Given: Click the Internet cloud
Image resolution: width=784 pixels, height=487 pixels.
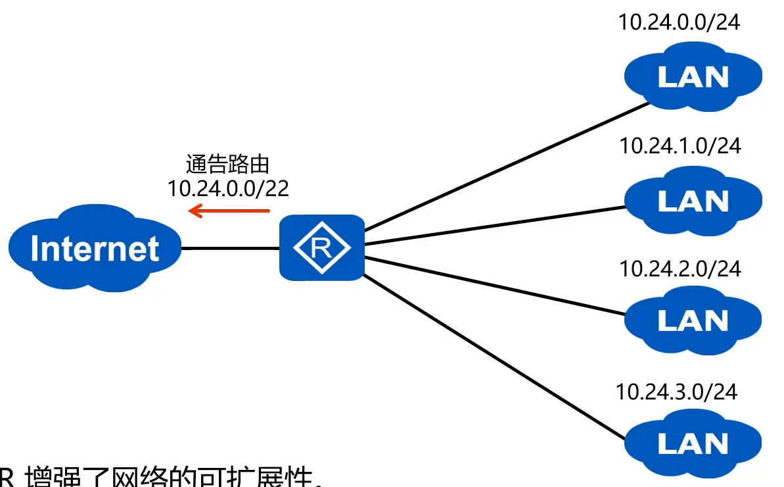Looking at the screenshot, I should (94, 249).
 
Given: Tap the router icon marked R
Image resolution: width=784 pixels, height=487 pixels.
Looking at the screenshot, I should (321, 248).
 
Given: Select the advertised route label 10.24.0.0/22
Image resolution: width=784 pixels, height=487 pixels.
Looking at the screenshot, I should (228, 188).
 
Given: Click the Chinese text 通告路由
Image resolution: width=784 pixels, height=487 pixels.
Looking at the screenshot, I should (228, 165).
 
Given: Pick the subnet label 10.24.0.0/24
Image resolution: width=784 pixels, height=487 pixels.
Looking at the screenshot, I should (680, 22).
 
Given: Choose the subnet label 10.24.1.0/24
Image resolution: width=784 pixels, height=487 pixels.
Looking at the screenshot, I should (680, 145).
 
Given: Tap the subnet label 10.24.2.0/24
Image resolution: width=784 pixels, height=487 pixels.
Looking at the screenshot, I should (680, 269).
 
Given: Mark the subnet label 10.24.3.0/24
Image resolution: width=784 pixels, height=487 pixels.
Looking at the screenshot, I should (677, 392).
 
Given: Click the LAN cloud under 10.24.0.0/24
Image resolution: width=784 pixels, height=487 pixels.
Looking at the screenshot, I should (693, 76).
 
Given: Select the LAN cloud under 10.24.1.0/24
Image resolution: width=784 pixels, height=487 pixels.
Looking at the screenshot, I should (693, 200).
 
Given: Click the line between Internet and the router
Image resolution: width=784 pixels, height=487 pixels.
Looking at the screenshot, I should (230, 248).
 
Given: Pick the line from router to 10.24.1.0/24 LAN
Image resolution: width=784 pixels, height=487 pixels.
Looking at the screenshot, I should (493, 226).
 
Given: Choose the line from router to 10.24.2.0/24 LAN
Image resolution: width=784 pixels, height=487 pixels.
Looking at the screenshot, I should (493, 285).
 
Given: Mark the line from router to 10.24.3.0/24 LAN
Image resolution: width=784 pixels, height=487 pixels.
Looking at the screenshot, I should (493, 356).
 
